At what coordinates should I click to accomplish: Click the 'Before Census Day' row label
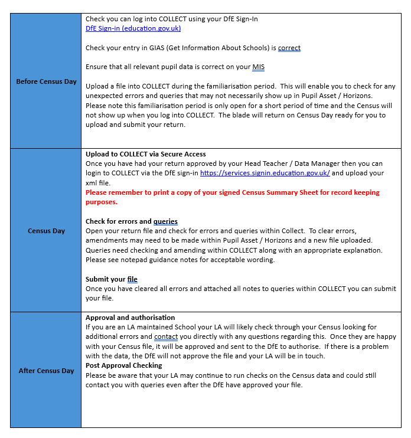click(x=46, y=81)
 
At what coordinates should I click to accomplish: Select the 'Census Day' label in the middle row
click(x=46, y=231)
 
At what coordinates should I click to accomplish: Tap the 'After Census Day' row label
click(x=46, y=371)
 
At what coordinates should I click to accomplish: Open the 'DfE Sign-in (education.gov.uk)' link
click(x=133, y=28)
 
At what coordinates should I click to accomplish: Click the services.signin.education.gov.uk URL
click(x=265, y=173)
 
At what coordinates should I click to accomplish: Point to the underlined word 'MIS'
click(x=258, y=67)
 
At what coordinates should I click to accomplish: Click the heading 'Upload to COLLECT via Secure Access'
click(x=146, y=154)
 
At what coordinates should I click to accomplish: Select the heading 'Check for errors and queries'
click(x=131, y=221)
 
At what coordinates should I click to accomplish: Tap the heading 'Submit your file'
click(x=112, y=279)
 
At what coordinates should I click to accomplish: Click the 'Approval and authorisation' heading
click(x=130, y=318)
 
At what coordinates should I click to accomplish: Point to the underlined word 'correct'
click(x=289, y=48)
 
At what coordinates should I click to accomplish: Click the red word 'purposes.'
click(x=102, y=202)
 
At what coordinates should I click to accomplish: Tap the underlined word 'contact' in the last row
click(x=166, y=336)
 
